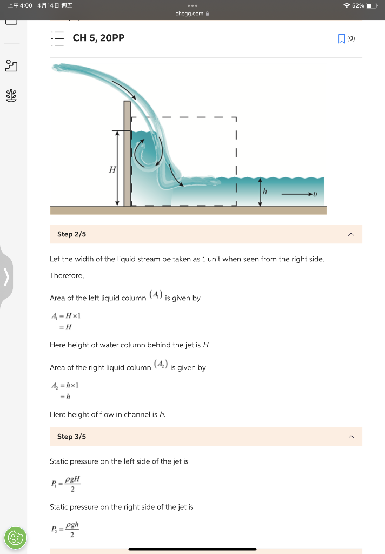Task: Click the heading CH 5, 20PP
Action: pyautogui.click(x=98, y=38)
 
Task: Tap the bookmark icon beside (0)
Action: pyautogui.click(x=341, y=38)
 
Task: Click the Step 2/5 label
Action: pyautogui.click(x=71, y=234)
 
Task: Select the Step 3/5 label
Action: pyautogui.click(x=71, y=436)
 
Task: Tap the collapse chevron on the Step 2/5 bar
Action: pyautogui.click(x=351, y=234)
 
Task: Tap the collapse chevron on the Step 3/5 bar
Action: pyautogui.click(x=351, y=436)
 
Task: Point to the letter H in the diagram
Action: pyautogui.click(x=112, y=170)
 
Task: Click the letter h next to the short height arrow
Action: pyautogui.click(x=265, y=192)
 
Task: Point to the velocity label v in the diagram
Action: pyautogui.click(x=315, y=193)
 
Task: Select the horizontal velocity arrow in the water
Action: pyautogui.click(x=296, y=193)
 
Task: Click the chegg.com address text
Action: pyautogui.click(x=189, y=14)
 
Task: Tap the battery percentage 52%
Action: pyautogui.click(x=357, y=5)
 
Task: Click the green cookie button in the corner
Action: pyautogui.click(x=15, y=538)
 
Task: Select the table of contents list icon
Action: pyautogui.click(x=57, y=38)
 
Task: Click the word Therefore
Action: pyautogui.click(x=67, y=275)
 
